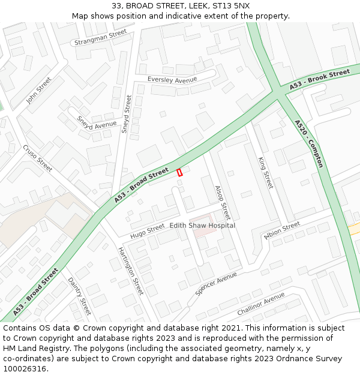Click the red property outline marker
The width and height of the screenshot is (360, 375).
pos(179,172)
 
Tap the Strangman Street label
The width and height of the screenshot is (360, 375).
pos(101,38)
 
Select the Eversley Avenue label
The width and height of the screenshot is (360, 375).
pos(172,80)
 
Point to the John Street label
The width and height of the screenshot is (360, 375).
pos(39,90)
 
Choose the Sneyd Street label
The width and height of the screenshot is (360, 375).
pos(127,113)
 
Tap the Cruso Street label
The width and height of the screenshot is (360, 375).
pos(38,158)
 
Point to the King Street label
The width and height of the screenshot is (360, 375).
pos(265,173)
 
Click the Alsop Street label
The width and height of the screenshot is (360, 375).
pos(222,202)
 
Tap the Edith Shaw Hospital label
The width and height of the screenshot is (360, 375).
pos(202,225)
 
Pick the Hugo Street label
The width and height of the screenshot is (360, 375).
pos(147,229)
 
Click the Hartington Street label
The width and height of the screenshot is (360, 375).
pos(130,271)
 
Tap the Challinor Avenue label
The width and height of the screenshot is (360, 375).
pos(260,304)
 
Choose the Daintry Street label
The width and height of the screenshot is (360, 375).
pos(79,296)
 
